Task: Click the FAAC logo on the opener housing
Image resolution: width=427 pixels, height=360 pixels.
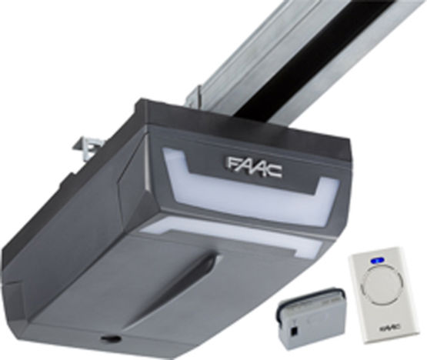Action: (254, 165)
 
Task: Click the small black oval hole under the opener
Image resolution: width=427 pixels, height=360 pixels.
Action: (113, 338)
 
